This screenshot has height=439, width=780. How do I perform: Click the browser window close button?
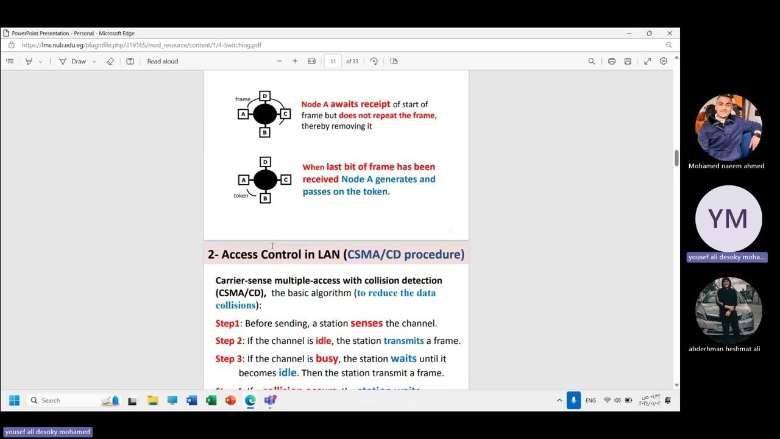pos(670,34)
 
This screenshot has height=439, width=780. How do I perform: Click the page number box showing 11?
pos(333,61)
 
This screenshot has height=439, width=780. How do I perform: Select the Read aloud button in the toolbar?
pos(162,61)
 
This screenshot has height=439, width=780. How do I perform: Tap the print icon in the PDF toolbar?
pos(611,61)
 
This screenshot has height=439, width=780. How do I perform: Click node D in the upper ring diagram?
pos(264,96)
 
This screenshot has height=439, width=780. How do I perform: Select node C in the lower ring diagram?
pos(286,180)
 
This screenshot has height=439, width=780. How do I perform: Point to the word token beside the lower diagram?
pos(241,196)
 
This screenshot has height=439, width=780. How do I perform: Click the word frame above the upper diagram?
pos(243,99)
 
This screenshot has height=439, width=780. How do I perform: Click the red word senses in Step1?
pos(367,323)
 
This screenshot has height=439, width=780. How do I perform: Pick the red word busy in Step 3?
pos(327,359)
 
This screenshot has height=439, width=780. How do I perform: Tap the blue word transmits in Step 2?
pos(403,341)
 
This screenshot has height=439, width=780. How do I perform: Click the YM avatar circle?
pos(728,219)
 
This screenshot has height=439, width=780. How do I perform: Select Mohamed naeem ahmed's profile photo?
pos(728,127)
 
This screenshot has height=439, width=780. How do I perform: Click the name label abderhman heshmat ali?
pos(725,349)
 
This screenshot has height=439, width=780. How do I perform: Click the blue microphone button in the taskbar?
pos(573,400)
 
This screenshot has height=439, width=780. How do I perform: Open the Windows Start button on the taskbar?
pos(15,400)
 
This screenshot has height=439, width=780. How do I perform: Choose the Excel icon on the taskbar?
pos(211,401)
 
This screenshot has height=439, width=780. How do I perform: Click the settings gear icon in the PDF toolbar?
pos(664,61)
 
